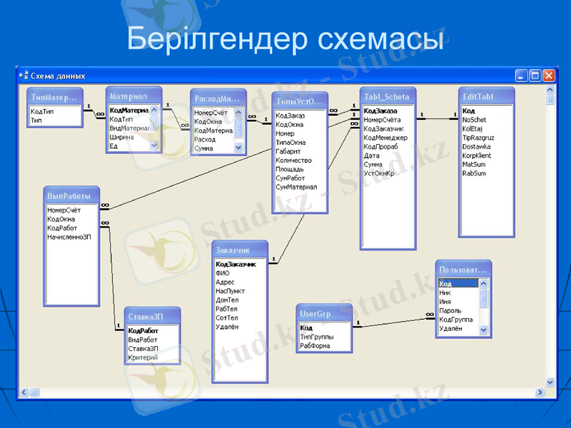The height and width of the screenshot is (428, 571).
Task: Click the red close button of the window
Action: tap(548, 75)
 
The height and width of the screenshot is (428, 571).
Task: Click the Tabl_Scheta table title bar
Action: tap(386, 97)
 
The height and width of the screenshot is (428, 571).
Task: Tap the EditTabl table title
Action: tap(478, 97)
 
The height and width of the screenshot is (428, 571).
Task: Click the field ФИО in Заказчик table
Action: tap(223, 273)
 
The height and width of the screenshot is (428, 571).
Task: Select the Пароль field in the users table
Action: tap(450, 311)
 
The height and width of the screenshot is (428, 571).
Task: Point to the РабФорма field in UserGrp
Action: tap(315, 346)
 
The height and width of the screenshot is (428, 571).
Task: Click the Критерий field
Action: tap(143, 357)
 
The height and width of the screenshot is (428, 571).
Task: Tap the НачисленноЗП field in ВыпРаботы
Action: tap(69, 237)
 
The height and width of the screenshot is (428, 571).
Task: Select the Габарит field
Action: tap(288, 152)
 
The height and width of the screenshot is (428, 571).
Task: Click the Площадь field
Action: tap(290, 170)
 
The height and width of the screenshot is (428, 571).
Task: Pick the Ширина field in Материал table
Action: tap(122, 137)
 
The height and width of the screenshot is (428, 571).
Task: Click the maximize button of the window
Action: tap(535, 75)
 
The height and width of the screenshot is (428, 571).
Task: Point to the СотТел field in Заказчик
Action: tap(227, 318)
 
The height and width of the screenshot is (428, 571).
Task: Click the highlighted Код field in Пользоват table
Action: tap(446, 284)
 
